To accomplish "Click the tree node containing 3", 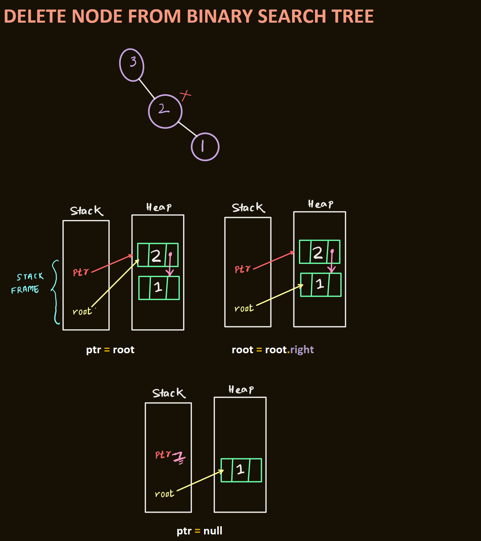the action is (x=132, y=65).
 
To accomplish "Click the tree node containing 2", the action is (x=165, y=111).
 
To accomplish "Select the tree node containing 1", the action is (x=205, y=147).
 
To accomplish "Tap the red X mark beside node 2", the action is (x=185, y=95).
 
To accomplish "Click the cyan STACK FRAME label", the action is (x=28, y=283).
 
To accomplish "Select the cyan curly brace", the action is (x=55, y=292).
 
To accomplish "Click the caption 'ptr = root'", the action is (x=110, y=350).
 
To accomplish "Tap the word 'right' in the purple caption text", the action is (x=302, y=350).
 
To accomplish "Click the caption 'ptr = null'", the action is (x=199, y=531).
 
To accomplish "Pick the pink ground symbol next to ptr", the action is (x=179, y=458).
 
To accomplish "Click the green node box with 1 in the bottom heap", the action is (x=241, y=470).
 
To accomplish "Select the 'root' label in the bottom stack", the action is (x=164, y=494).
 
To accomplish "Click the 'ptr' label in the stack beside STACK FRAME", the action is (x=81, y=272).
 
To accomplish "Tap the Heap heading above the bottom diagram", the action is (x=241, y=390).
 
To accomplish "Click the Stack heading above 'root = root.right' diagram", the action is (x=248, y=207).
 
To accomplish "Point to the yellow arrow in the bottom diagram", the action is (x=200, y=481).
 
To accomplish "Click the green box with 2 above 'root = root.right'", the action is (x=319, y=252).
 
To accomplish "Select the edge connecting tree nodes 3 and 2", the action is (x=146, y=88).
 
